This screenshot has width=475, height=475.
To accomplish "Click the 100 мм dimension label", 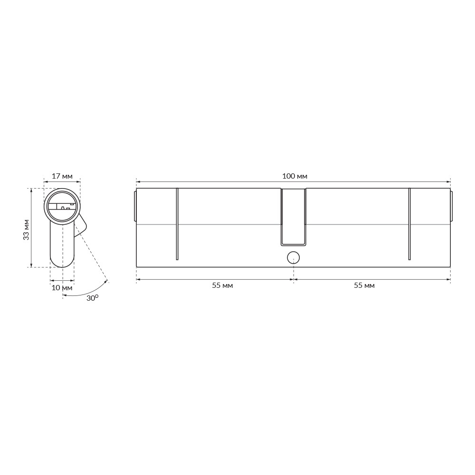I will tap(294, 176).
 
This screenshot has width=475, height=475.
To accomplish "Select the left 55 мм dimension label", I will tap(222, 285).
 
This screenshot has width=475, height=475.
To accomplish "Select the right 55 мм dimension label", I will tap(364, 285).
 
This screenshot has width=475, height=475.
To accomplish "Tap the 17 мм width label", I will tap(62, 176).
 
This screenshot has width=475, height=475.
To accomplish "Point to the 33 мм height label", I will tap(27, 229).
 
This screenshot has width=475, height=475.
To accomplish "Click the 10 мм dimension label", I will tap(62, 288).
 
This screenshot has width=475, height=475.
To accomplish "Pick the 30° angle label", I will tap(92, 298).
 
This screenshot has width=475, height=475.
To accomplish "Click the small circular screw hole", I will tap(294, 258).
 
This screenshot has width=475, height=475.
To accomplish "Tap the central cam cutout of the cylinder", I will tap(293, 217).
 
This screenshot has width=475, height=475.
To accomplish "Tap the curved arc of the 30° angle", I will tap(85, 293).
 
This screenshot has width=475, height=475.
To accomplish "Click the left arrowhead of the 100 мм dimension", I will tap(138, 181).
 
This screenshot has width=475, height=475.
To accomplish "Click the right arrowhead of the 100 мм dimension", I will tap(448, 181).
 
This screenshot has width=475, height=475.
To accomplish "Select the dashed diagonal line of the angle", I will tap(93, 256).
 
